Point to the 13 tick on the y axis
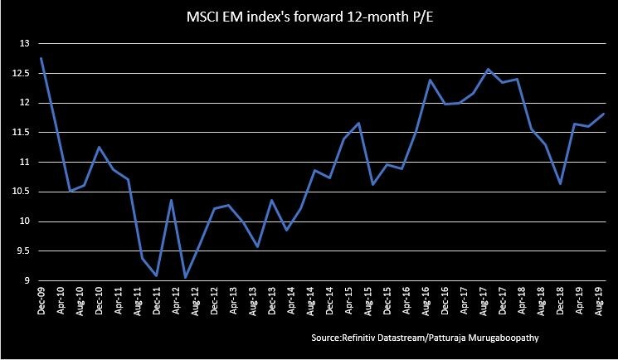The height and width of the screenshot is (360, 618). coord(23,43)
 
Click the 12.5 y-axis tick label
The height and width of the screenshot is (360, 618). coord(20,73)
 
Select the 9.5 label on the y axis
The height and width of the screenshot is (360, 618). coord(22,251)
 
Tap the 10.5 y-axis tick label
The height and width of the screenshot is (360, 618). coord(20,192)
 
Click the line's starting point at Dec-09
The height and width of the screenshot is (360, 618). coord(41,58)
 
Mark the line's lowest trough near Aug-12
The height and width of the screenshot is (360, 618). coord(186,277)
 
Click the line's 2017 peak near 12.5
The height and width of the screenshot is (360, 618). coord(488,69)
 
